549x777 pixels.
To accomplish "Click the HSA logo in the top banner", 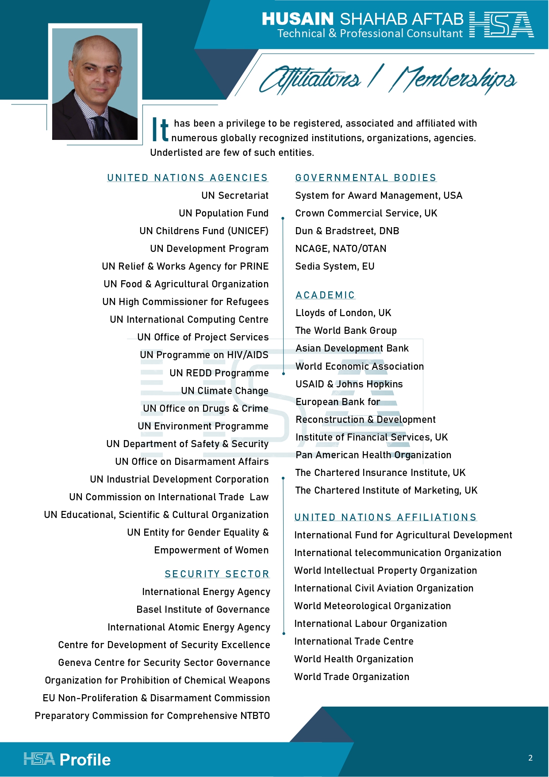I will coord(501,25).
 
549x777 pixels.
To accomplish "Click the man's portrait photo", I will coord(95,84).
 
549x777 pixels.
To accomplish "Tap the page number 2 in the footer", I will coord(530,758).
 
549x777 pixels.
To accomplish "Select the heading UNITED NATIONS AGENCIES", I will coord(188,178).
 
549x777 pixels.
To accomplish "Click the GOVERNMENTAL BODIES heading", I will coord(365,178).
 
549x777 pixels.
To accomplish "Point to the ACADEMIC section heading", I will coord(325,295).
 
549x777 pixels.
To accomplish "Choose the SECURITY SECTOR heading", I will coord(217,574).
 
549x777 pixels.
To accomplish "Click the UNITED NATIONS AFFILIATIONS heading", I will coord(385,518).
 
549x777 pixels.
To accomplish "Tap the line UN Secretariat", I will coord(235,196).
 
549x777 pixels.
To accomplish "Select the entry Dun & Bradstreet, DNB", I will coord(347,231).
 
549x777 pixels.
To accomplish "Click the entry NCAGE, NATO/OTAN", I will coord(341,249).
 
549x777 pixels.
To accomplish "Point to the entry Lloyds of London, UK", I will coord(343,313).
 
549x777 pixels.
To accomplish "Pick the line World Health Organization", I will coord(353,659).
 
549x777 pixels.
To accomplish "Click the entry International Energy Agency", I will coord(206,592).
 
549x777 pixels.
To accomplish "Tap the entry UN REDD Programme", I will coord(219,373).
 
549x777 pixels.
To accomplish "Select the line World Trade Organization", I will coord(352,677).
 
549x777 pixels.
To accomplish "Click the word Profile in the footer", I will coord(85,760).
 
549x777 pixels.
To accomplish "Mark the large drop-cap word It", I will coord(160,130).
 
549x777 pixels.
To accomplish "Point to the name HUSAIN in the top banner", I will coord(297,19).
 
